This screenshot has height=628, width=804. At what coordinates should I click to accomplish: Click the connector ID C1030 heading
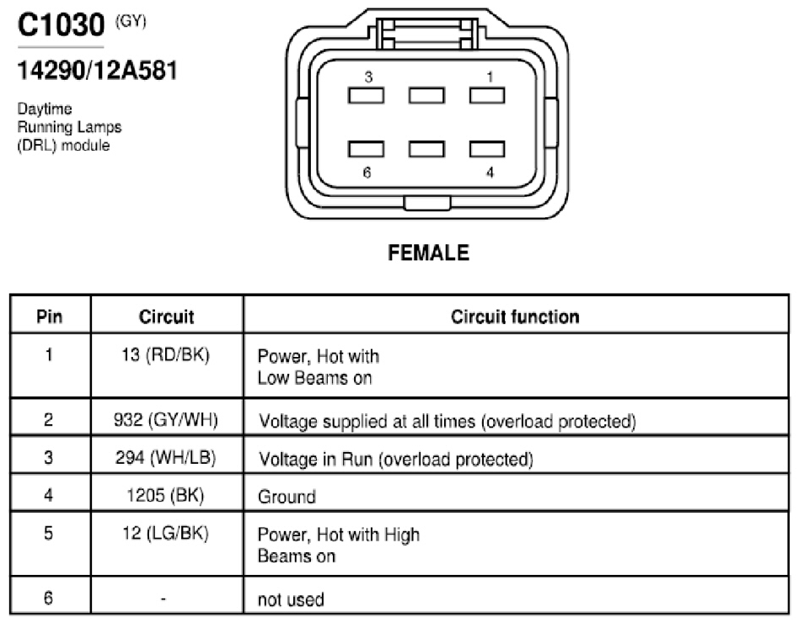click(x=61, y=24)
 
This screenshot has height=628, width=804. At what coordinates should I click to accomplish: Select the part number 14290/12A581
click(x=98, y=70)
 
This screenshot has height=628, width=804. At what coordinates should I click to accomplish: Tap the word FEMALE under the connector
click(x=429, y=253)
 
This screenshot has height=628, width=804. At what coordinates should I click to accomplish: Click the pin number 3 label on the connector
click(x=368, y=77)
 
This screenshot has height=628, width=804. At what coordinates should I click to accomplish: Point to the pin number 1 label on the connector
click(x=490, y=77)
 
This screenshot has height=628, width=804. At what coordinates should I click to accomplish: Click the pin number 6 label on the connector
click(x=367, y=173)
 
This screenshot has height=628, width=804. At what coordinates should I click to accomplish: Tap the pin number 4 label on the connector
click(x=490, y=173)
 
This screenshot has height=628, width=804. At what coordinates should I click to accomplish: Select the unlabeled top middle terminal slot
click(x=426, y=95)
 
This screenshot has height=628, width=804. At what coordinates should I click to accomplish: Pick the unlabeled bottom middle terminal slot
click(x=426, y=149)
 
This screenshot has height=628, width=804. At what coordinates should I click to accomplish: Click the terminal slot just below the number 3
click(x=366, y=95)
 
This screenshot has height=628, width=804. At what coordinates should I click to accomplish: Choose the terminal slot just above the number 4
click(x=487, y=149)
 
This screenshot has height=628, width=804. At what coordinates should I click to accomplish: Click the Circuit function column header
click(x=515, y=317)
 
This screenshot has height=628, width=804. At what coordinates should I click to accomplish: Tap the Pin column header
click(x=49, y=317)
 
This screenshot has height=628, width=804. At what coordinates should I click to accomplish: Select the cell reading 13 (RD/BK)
click(x=166, y=355)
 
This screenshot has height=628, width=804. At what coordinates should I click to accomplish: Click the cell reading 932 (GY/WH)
click(x=166, y=420)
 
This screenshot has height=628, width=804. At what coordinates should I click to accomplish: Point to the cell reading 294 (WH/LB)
click(x=166, y=457)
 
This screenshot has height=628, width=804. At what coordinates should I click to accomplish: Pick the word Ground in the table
click(x=287, y=497)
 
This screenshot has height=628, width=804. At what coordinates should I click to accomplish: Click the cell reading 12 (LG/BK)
click(x=166, y=533)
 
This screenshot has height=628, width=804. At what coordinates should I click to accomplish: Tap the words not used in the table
click(x=291, y=599)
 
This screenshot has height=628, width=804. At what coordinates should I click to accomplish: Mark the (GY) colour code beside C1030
click(x=131, y=22)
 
